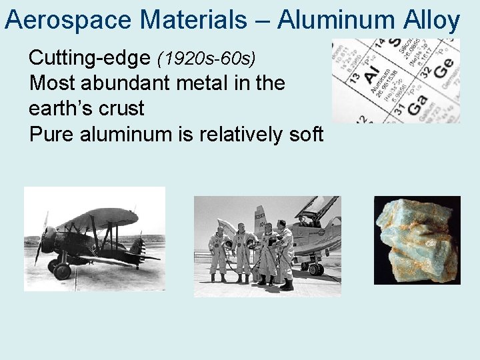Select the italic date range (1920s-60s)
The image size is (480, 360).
pos(206,59)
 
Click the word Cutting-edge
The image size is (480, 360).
pos(90,58)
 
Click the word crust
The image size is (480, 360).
pos(120,109)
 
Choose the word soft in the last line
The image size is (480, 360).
pos(303,134)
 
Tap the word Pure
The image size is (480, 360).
pos(52,134)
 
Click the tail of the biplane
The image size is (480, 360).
pos(137,247)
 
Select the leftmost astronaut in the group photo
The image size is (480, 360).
pos(219,252)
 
